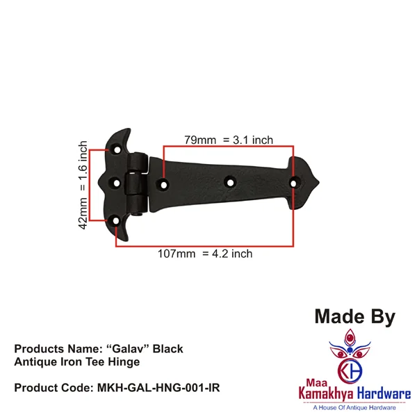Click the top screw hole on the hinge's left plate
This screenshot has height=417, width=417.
click(x=117, y=149)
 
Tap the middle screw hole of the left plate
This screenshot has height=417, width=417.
click(x=117, y=183)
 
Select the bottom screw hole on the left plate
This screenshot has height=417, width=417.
click(x=116, y=221)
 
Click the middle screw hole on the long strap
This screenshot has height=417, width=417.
click(x=230, y=183)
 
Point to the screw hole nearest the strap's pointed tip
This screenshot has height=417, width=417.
click(x=293, y=183)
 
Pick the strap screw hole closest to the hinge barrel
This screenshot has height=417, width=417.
click(x=164, y=184)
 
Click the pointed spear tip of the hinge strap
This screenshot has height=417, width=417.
click(x=318, y=182)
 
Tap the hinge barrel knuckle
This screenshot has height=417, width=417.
click(x=137, y=183)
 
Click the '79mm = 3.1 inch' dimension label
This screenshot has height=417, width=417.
click(x=229, y=140)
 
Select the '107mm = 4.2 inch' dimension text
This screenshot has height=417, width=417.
click(x=205, y=254)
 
